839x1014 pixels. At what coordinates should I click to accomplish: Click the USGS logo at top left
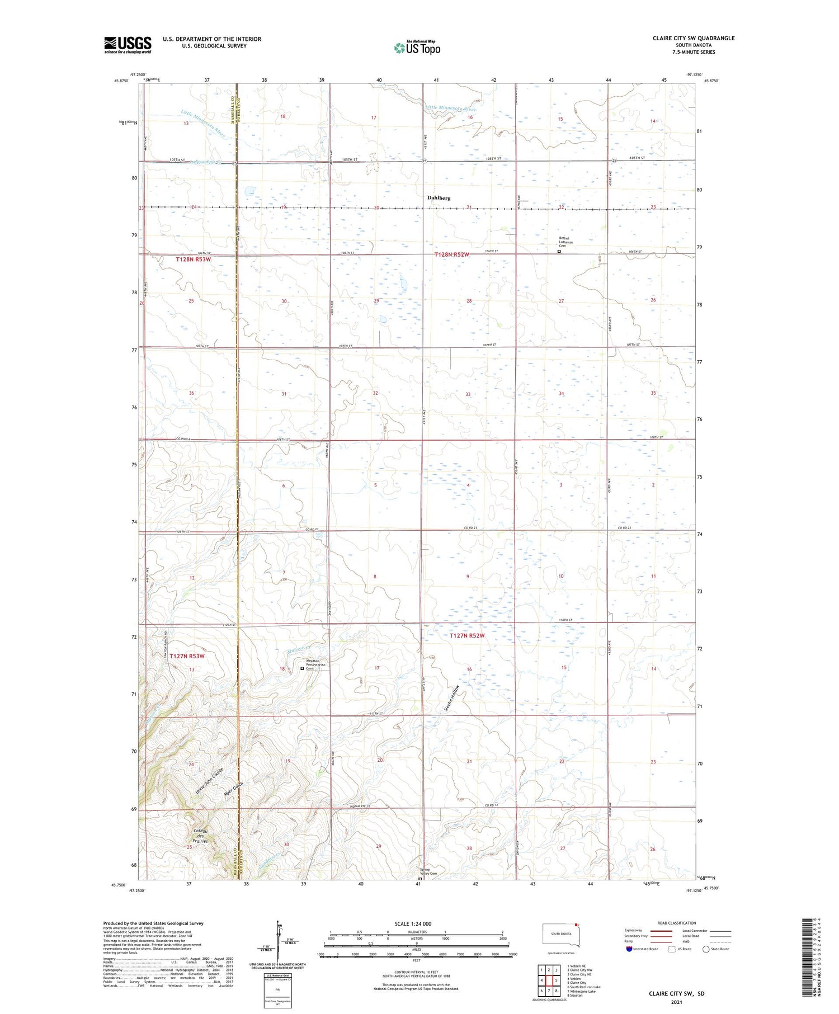[128, 45]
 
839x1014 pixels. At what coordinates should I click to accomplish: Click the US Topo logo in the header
[417, 48]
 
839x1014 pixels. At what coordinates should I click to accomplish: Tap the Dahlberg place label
[439, 198]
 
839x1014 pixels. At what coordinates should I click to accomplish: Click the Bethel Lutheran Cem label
[566, 242]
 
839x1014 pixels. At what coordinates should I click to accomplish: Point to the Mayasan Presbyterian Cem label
[316, 666]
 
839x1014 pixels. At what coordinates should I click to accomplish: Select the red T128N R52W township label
[452, 254]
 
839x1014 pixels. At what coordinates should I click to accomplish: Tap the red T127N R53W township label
[187, 656]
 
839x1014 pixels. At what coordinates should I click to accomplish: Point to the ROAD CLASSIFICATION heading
[677, 923]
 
